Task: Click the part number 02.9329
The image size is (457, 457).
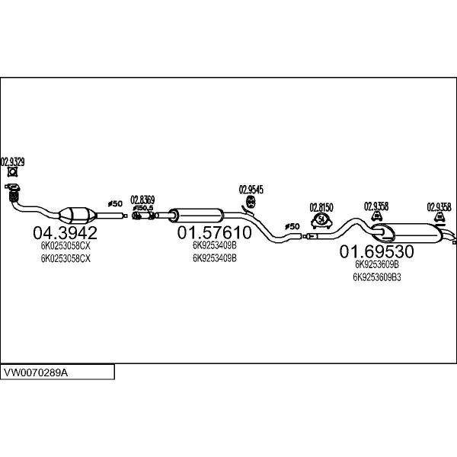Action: pos(13,161)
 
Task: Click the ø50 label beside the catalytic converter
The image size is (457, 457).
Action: pos(114,203)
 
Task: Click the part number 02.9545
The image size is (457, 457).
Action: pos(251,189)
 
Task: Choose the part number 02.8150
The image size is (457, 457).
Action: pos(321,206)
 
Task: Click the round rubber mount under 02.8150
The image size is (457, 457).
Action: pos(321,220)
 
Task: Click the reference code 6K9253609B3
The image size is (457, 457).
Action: pos(376,277)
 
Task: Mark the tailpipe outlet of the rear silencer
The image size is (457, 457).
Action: pos(453,241)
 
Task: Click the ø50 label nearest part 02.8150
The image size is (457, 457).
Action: pos(292,226)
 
